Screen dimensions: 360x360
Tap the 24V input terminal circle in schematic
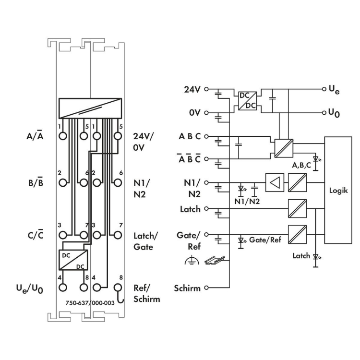point(207,89)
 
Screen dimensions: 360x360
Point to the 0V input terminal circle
point(207,113)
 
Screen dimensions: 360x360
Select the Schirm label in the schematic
point(188,288)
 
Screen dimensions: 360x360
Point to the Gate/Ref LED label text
point(265,239)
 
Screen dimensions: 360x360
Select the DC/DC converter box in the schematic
point(248,101)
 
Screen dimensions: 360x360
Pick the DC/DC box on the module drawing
point(72,260)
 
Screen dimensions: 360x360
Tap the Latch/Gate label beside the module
point(144,241)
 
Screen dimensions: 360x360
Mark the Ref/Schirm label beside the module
point(146,294)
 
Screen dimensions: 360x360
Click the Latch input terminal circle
point(207,209)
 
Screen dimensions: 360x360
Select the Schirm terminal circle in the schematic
point(207,288)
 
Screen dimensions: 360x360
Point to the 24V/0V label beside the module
point(144,142)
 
